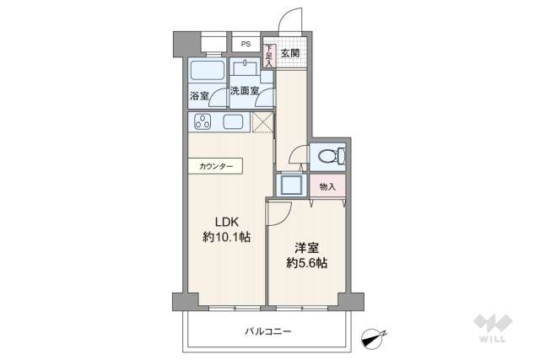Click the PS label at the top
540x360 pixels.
pyautogui.click(x=246, y=44)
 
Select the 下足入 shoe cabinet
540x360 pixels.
pyautogui.click(x=268, y=56)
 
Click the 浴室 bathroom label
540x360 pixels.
pyautogui.click(x=198, y=96)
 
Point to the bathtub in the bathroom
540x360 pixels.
pyautogui.click(x=205, y=70)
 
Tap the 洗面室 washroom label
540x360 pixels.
pyautogui.click(x=244, y=91)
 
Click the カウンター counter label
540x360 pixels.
pyautogui.click(x=216, y=167)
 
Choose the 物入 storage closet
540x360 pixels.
pyautogui.click(x=327, y=186)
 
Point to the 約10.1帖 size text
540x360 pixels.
pyautogui.click(x=227, y=238)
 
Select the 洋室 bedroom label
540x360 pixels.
pyautogui.click(x=305, y=247)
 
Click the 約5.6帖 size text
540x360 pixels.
pyautogui.click(x=305, y=263)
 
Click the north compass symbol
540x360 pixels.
pyautogui.click(x=371, y=337)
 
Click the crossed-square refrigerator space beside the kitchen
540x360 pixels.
pyautogui.click(x=262, y=123)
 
